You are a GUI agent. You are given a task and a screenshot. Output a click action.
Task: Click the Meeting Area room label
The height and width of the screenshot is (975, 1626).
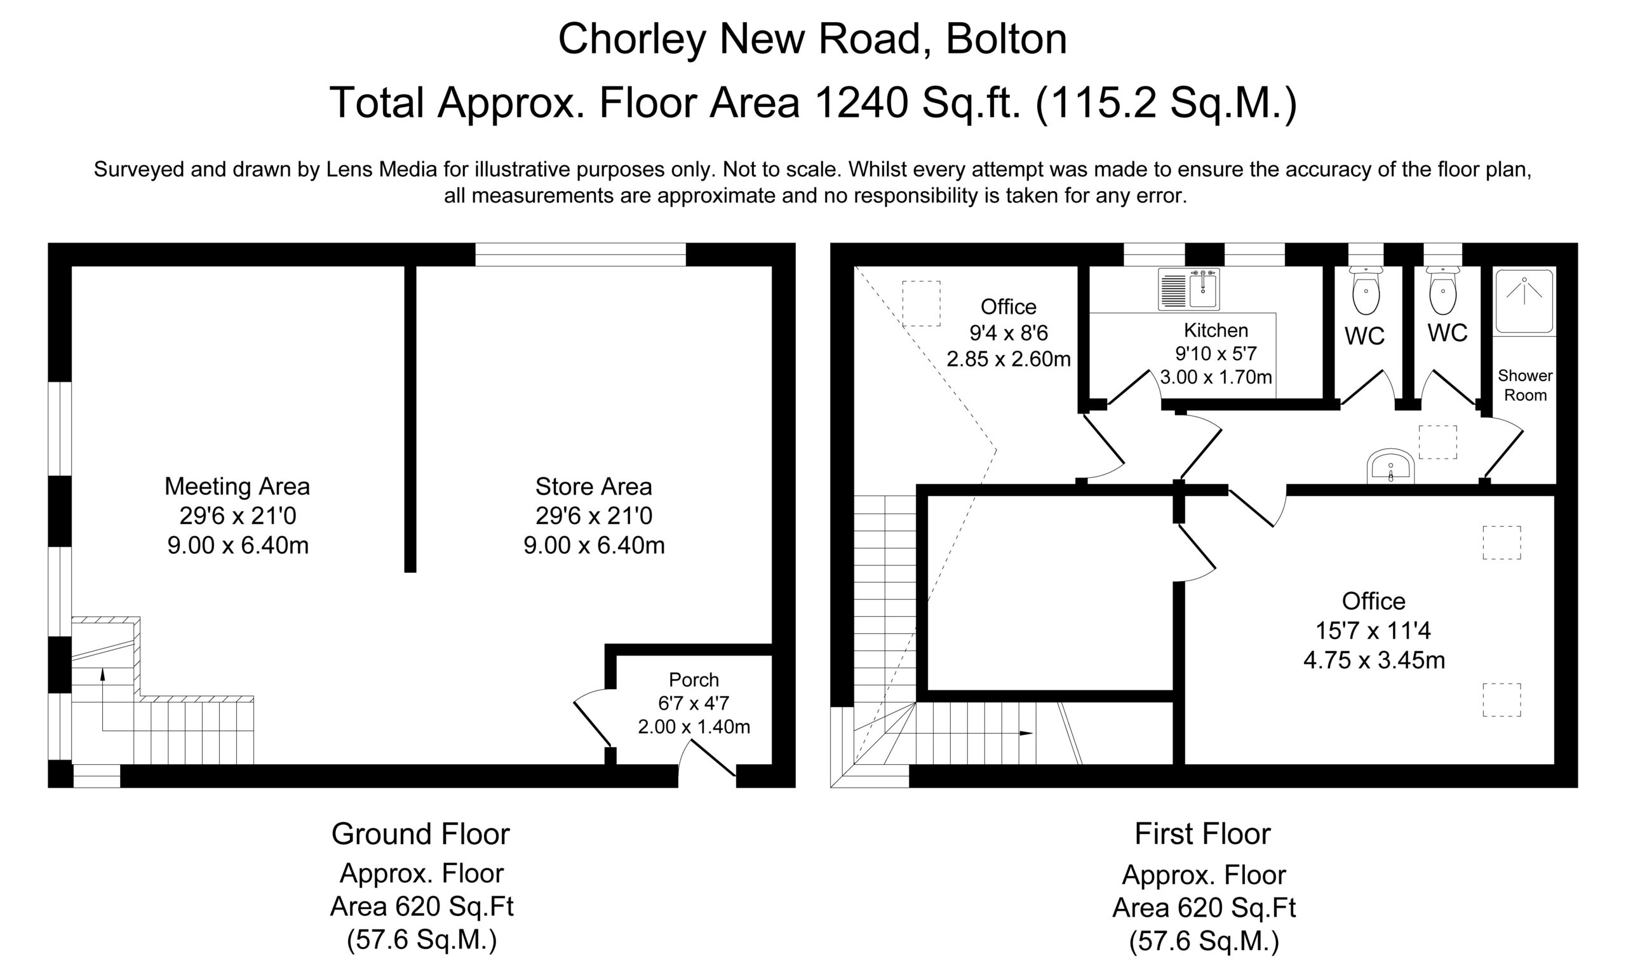click(x=237, y=516)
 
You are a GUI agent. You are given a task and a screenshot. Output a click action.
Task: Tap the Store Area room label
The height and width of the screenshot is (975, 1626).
click(x=594, y=516)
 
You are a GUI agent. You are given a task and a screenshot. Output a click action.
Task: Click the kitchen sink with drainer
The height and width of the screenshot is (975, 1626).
click(x=1189, y=289)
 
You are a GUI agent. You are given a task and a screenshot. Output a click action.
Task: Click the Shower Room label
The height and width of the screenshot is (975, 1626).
click(x=1526, y=385)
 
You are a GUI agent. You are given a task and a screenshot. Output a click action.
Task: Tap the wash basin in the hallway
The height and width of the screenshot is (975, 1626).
click(x=1390, y=466)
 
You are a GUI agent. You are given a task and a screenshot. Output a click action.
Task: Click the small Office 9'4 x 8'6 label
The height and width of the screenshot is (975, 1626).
click(x=1009, y=333)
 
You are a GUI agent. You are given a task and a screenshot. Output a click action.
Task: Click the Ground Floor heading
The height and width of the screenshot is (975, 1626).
click(x=420, y=835)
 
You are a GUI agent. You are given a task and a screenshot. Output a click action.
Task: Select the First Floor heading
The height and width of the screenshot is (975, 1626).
click(x=1203, y=835)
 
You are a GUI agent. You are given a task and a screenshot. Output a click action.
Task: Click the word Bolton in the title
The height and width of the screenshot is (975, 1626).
click(x=1007, y=39)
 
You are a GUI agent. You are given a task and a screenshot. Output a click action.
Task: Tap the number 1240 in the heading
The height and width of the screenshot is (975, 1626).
click(x=862, y=103)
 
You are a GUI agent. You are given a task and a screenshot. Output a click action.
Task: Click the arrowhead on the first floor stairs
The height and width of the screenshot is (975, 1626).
click(x=1026, y=733)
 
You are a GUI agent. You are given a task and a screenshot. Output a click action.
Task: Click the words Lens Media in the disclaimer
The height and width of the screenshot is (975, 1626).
click(x=382, y=170)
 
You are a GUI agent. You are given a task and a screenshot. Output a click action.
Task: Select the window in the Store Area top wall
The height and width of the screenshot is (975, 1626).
click(x=580, y=254)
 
